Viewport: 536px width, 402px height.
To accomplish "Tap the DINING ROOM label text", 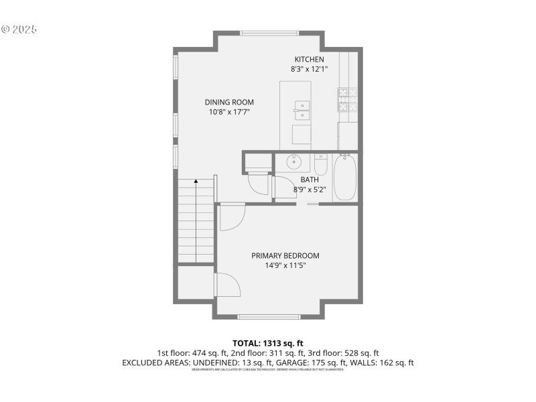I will (229, 103).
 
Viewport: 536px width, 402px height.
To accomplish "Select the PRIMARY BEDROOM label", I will (285, 255).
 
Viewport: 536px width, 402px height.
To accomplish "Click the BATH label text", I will (309, 180).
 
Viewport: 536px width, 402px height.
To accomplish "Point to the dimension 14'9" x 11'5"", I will (285, 265).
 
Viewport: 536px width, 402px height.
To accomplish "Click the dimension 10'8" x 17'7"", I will (229, 113).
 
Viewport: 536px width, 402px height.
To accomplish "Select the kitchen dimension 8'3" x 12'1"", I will (309, 69).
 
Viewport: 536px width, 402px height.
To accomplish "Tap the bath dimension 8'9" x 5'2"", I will (309, 190).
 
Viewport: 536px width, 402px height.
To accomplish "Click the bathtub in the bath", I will (345, 178).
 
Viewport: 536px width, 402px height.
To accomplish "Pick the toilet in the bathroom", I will (321, 164).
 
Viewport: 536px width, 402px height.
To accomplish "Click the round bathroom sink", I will (294, 161).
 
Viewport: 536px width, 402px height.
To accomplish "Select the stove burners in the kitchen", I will (347, 98).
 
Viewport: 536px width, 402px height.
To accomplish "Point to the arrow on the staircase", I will (196, 182).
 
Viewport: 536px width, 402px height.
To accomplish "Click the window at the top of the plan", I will (269, 32).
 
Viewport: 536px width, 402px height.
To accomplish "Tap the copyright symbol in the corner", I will (5, 29).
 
